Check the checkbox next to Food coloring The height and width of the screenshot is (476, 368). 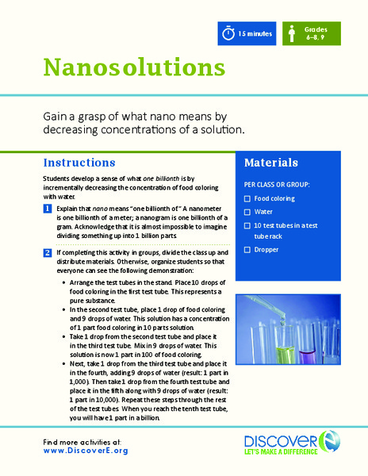point(248,199)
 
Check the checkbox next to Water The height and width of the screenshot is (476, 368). point(248,213)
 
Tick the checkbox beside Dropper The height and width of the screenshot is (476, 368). point(248,250)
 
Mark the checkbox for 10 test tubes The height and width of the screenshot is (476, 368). point(248,226)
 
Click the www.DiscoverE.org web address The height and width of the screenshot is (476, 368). point(86,450)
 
